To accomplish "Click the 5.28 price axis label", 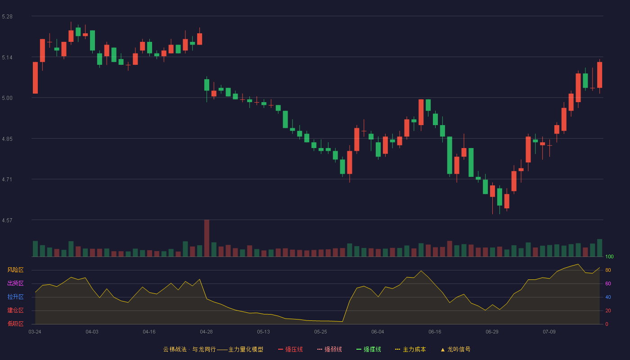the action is coord(7,17).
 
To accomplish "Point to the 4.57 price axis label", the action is coord(7,220).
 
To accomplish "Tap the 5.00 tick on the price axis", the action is coord(7,98).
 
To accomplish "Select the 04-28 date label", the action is coord(206,332).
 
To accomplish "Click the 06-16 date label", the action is coord(435,332).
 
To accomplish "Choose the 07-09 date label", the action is coord(549,332).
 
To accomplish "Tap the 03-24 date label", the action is coord(35,332).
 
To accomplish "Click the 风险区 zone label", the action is coord(15,270).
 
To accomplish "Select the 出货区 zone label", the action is coord(15,283).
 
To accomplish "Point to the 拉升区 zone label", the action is coord(15,297).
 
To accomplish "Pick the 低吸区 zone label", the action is coord(15,324).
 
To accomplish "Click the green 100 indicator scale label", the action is coord(609,256).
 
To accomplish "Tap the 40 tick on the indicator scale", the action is coord(608,297).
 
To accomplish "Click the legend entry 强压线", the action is coord(291,349).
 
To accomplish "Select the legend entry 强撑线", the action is coord(369,349).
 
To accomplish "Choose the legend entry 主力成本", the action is coord(410,349).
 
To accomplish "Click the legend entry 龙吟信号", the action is coord(455,349).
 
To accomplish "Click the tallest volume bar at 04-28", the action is coord(207,238).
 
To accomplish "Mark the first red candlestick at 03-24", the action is coord(35,77).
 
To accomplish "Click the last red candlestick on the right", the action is coord(599,75).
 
